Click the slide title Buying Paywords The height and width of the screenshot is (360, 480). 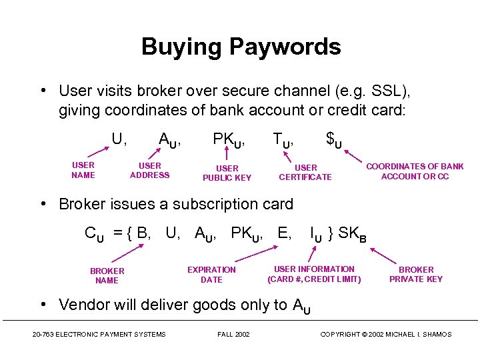tap(241, 47)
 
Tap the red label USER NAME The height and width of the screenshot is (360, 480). tap(83, 170)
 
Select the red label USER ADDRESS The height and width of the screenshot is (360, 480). tap(149, 170)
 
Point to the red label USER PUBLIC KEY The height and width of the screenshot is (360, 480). tap(227, 173)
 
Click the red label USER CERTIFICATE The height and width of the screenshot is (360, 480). tap(305, 172)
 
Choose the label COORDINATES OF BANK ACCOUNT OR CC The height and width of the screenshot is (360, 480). tap(415, 171)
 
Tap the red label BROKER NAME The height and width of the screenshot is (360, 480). tap(107, 275)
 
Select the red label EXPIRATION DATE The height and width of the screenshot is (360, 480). tap(211, 275)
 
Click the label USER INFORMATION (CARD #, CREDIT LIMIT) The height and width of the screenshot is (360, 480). tap(314, 274)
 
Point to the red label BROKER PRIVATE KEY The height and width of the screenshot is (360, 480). tap(416, 274)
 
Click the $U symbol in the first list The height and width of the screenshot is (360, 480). tap(334, 140)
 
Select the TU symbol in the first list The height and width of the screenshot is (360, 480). tap(283, 140)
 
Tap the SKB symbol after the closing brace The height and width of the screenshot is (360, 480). tap(352, 234)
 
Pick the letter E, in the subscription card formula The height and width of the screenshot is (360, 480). tap(284, 233)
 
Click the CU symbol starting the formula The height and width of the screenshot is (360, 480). tap(94, 234)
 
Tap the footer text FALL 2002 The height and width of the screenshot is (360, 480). tap(233, 334)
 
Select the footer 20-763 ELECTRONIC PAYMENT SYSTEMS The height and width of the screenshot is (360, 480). tap(99, 334)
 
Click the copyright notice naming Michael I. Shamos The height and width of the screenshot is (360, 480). tap(385, 334)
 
